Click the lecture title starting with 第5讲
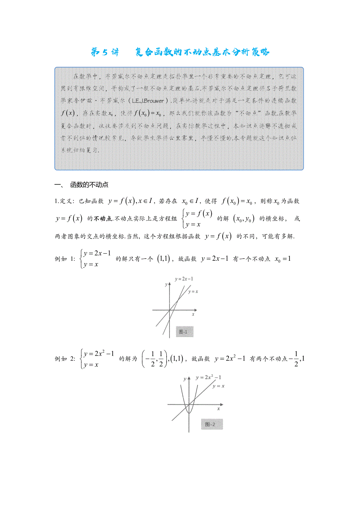pyautogui.click(x=180, y=52)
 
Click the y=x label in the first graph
pyautogui.click(x=193, y=292)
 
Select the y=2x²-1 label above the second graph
pyautogui.click(x=209, y=377)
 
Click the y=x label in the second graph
pyautogui.click(x=218, y=386)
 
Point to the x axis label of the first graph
pyautogui.click(x=193, y=314)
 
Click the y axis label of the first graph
pyautogui.click(x=166, y=285)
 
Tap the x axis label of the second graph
pyautogui.click(x=218, y=409)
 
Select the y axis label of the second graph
pyautogui.click(x=184, y=379)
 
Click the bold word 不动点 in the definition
pyautogui.click(x=102, y=219)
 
